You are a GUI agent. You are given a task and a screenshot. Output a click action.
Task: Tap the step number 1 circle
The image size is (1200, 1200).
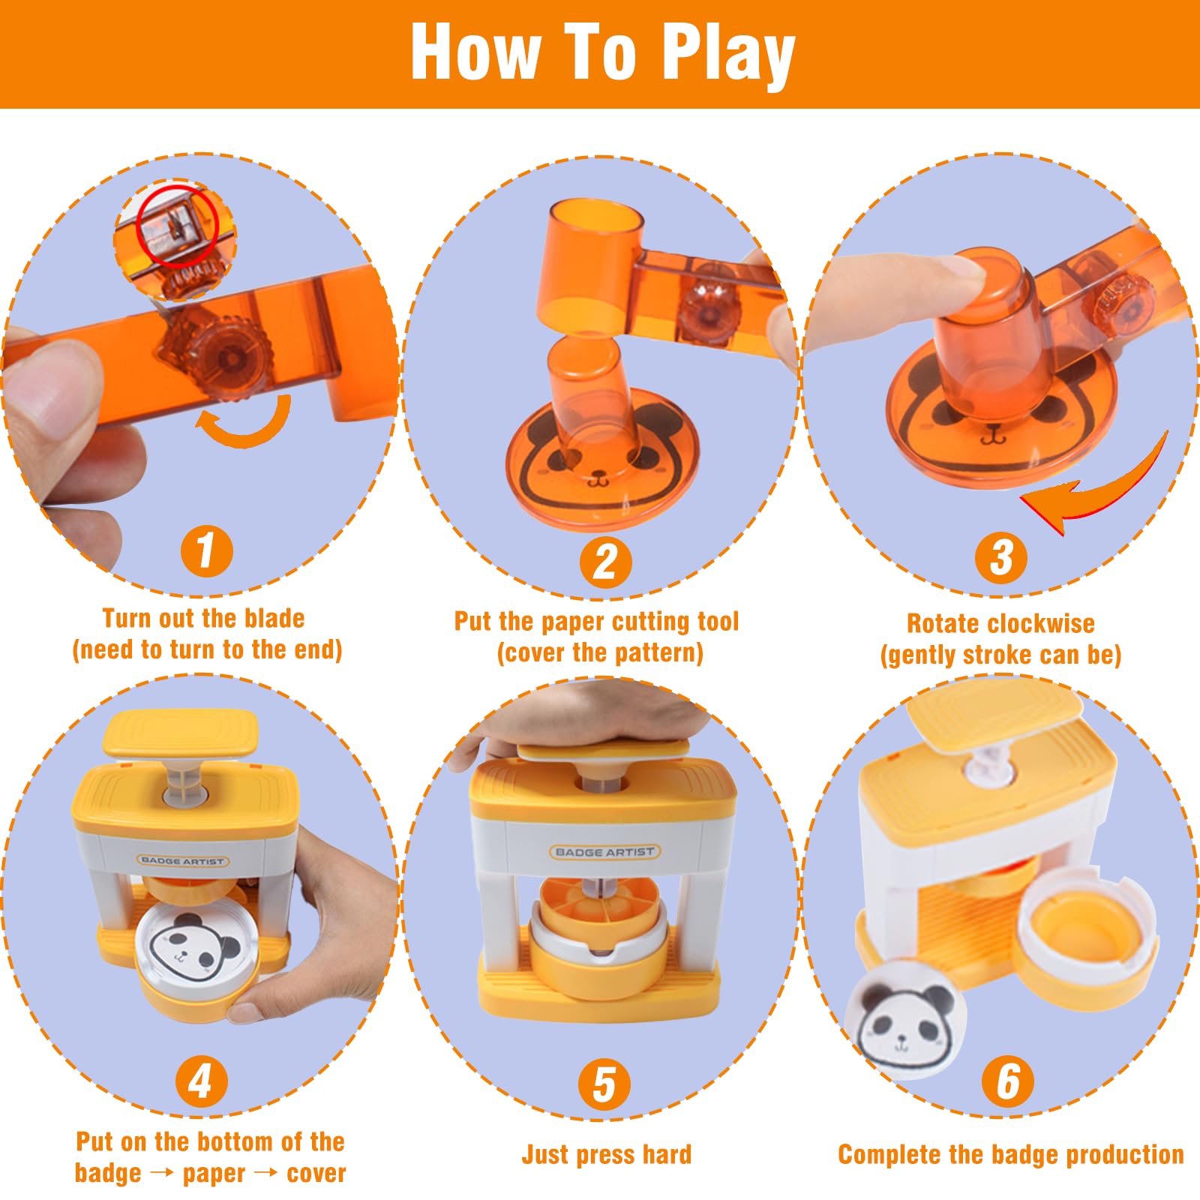[x=205, y=550]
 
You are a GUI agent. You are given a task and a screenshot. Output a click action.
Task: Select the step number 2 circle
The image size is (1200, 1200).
[x=605, y=562]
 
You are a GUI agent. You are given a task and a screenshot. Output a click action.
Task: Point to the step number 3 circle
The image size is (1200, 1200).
[x=1001, y=558]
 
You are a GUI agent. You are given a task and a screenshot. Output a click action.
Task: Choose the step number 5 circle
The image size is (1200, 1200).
[x=604, y=1084]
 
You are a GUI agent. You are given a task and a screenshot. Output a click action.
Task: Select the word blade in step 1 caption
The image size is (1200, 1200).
[x=272, y=619]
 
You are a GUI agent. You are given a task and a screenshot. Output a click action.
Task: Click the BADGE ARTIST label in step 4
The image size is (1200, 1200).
[x=182, y=861]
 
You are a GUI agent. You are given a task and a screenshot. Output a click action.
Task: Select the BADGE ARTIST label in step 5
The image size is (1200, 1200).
[x=604, y=852]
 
